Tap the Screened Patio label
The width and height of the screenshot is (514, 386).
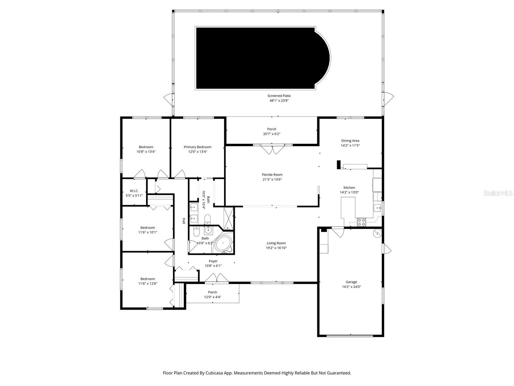[x=279, y=96]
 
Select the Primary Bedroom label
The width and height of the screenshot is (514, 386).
[x=198, y=147]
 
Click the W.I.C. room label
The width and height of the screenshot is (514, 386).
[x=134, y=191]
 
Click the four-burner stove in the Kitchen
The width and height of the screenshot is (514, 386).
[x=361, y=222]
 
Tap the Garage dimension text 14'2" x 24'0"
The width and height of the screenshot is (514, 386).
[x=351, y=287]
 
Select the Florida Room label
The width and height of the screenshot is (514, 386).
[x=272, y=175]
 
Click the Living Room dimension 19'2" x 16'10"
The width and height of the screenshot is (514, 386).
[x=276, y=248]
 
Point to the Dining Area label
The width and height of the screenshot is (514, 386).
[x=350, y=141]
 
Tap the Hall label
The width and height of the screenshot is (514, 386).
[x=184, y=221]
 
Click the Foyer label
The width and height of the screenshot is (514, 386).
[x=213, y=261]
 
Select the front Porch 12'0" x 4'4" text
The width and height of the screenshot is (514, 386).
[x=212, y=297]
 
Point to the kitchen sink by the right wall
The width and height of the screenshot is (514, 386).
[x=377, y=207]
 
